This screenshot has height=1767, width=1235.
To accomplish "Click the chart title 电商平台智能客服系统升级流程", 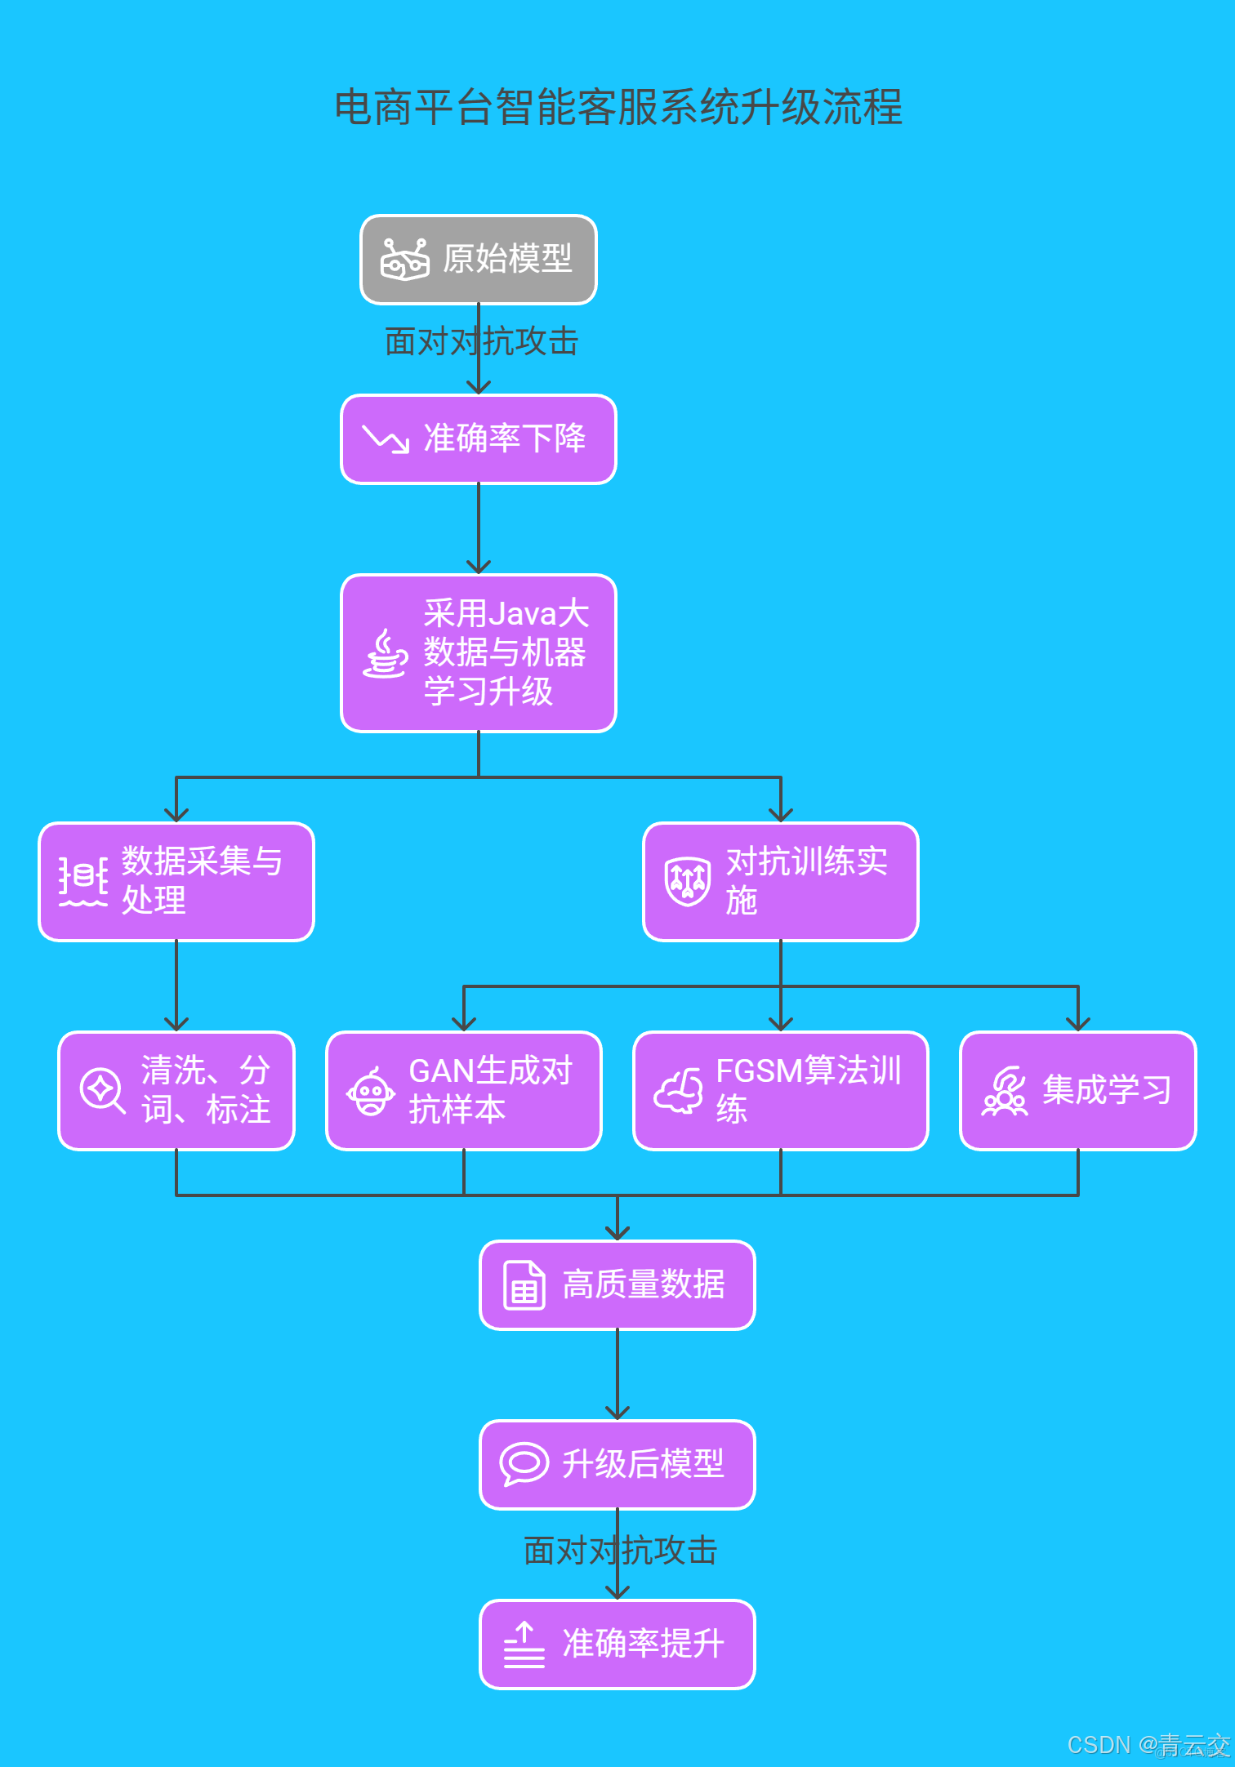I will tap(618, 107).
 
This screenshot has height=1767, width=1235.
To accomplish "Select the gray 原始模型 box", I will tap(479, 260).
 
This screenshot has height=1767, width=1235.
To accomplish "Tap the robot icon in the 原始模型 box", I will tap(404, 260).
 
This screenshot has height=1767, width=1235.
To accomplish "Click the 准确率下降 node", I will tap(479, 439).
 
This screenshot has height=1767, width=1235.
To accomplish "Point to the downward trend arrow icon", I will tap(386, 439).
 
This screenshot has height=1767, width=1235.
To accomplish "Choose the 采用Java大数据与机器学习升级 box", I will tap(479, 653).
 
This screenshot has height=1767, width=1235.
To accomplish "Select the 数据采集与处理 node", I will tap(176, 882).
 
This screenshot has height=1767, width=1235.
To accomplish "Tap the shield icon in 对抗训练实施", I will tap(687, 882).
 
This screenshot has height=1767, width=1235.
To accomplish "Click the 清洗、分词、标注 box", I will tap(176, 1091).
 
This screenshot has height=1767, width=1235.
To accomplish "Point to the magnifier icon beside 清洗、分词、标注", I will tap(102, 1091).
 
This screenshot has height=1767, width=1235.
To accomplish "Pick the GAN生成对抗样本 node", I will tap(464, 1091).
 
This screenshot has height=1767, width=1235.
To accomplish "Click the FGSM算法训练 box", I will tap(781, 1091).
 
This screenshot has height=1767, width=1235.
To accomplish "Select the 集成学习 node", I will tap(1078, 1091).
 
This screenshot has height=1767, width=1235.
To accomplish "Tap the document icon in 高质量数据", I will tap(524, 1285).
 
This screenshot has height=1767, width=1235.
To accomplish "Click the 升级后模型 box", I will tap(617, 1465).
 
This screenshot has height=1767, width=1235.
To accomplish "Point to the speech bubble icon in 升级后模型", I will tap(524, 1464).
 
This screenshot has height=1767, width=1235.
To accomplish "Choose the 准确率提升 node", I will tap(617, 1645).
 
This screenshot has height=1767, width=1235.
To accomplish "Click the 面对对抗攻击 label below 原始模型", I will tap(481, 341).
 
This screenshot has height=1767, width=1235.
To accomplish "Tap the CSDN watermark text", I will tap(1148, 1745).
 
